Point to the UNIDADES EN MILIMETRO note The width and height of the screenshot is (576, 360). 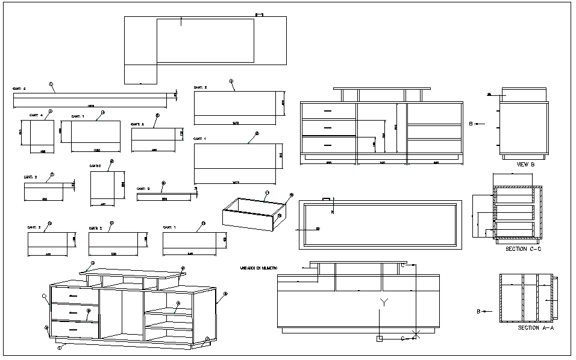point(258,267)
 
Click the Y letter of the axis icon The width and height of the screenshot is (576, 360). point(383,301)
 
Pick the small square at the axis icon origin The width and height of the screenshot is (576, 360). point(379,339)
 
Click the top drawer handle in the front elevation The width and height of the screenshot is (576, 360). point(328,111)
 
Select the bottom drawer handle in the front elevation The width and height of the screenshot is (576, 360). point(328,145)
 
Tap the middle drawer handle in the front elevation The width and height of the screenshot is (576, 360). point(328,128)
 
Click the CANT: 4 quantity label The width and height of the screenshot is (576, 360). point(36,115)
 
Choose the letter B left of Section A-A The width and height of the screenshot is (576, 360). point(478,312)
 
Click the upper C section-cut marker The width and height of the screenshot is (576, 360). point(402,265)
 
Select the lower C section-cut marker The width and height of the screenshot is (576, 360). point(402,339)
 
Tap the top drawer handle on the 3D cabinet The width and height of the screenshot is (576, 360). point(74,296)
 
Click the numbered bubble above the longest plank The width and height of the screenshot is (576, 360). point(52,84)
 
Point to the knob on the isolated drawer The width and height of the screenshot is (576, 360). point(280,215)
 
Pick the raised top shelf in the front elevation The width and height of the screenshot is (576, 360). point(382,89)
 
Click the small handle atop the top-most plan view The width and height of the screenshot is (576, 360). point(260,14)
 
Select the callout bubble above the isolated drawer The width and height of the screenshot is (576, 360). point(267,194)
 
